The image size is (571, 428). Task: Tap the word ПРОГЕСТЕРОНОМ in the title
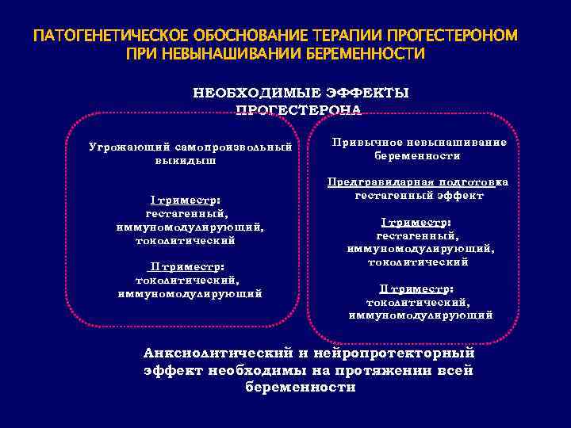(453, 37)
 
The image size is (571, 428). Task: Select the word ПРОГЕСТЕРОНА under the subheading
(299, 109)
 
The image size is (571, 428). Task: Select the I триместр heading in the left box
(185, 201)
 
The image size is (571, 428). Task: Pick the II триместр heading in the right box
(416, 289)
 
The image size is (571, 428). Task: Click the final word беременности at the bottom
(301, 388)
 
